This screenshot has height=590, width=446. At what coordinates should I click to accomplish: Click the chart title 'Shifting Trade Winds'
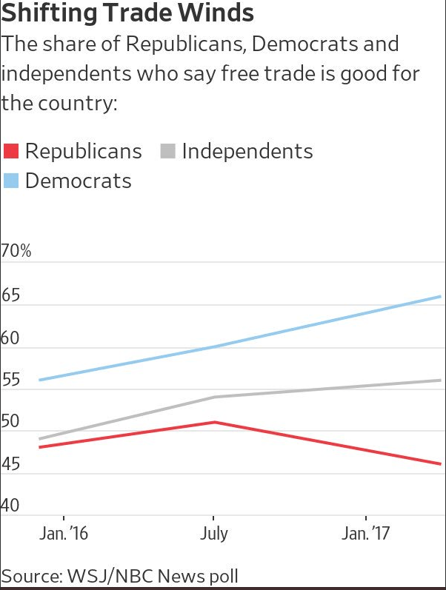(x=127, y=13)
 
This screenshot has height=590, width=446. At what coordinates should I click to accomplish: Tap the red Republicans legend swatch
(x=10, y=151)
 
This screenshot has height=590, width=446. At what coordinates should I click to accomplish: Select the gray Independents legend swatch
(x=167, y=151)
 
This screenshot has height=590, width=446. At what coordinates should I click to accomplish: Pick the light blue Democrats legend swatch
(x=10, y=181)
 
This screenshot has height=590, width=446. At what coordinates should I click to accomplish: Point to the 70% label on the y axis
(x=16, y=252)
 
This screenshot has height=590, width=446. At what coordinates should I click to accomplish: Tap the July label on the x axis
(x=213, y=534)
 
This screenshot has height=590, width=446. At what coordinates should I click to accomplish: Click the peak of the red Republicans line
(x=215, y=422)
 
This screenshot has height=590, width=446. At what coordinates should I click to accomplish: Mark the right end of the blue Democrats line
(x=441, y=296)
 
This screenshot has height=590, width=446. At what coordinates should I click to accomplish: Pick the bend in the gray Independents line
(x=215, y=397)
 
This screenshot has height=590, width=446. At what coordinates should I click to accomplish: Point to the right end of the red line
(x=441, y=464)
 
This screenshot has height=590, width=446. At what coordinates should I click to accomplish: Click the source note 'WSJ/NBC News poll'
(x=119, y=576)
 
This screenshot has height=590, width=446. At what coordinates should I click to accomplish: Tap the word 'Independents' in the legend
(x=247, y=151)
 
